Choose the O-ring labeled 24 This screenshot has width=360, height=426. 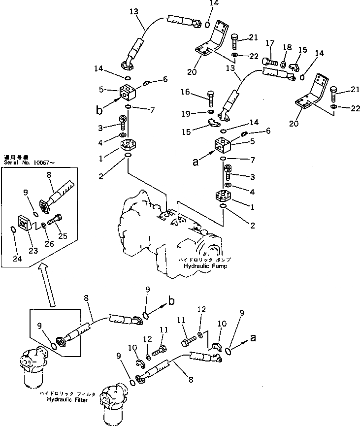[x=15, y=228]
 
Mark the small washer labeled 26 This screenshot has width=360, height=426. [x=44, y=226]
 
